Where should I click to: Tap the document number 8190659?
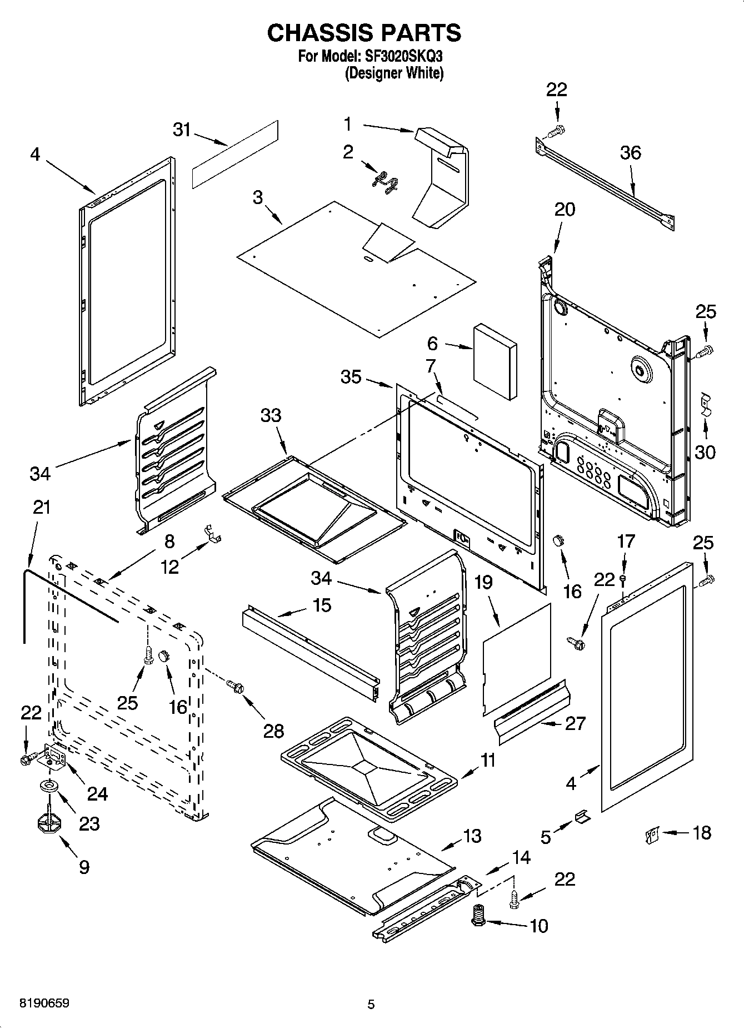(44, 1003)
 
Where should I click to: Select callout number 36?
(631, 152)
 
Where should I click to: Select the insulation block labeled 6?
(495, 362)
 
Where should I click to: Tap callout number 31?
(182, 130)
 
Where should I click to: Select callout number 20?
(565, 210)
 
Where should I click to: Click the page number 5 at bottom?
(371, 1004)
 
